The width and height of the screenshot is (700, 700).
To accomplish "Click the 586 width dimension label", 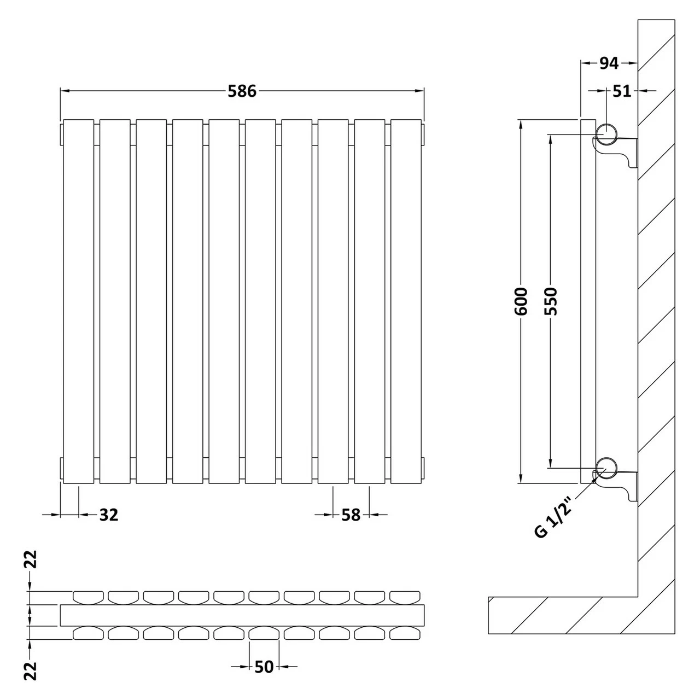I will (x=242, y=91).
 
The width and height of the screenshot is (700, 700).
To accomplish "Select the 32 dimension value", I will (x=108, y=515).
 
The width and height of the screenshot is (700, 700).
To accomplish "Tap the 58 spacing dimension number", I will (x=351, y=515).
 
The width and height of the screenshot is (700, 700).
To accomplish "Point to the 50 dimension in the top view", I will (x=264, y=667).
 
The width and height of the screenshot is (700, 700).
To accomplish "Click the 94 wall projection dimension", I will (x=608, y=63).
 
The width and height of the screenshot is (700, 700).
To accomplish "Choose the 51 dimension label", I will (x=621, y=91).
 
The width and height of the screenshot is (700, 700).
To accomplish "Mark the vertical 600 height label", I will (x=521, y=301).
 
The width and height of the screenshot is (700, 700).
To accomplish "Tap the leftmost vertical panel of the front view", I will (x=79, y=301).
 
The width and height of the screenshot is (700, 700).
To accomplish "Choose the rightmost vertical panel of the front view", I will (x=406, y=301).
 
